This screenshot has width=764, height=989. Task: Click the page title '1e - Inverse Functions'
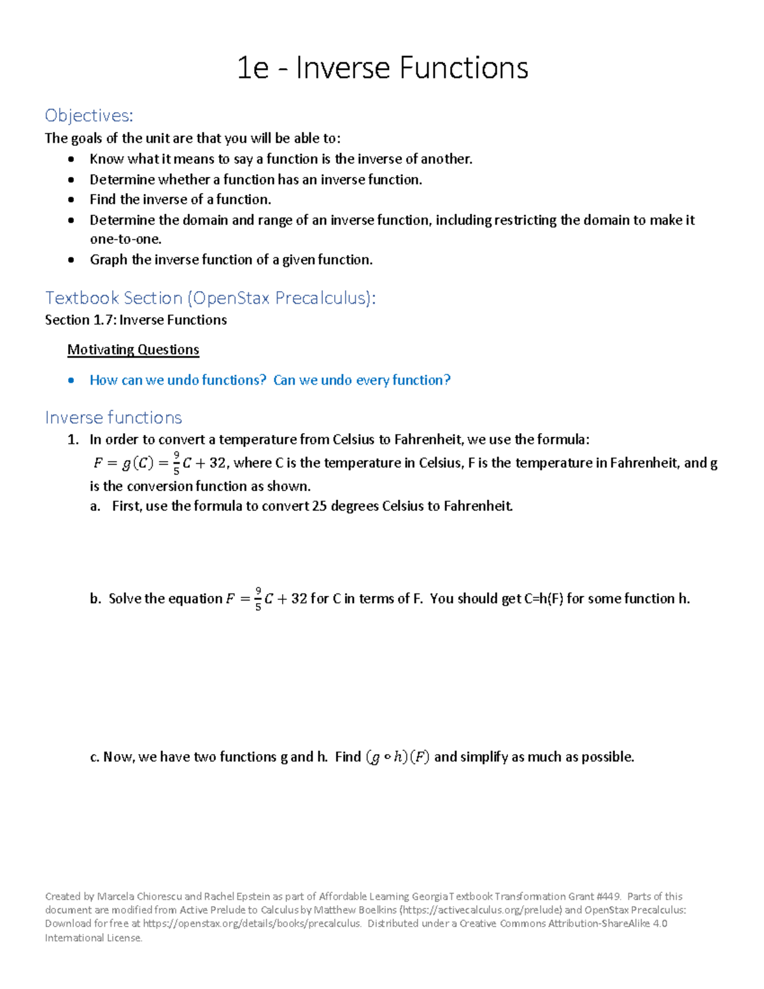click(x=382, y=68)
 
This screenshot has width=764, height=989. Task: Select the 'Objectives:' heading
click(x=89, y=115)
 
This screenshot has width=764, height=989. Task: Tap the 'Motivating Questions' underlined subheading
click(x=133, y=350)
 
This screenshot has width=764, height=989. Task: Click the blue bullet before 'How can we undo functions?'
click(x=72, y=380)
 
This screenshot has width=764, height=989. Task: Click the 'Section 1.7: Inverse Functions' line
click(x=136, y=320)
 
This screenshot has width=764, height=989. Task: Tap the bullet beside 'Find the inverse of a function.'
click(x=72, y=200)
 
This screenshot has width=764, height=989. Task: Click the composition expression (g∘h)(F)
click(x=398, y=757)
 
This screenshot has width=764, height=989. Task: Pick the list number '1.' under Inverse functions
click(x=73, y=439)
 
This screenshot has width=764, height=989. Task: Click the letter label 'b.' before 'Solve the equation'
click(x=95, y=599)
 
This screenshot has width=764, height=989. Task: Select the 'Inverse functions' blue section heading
click(x=113, y=418)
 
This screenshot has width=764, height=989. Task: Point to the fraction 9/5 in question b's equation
click(x=258, y=599)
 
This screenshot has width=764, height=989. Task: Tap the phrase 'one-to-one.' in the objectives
click(x=125, y=239)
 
